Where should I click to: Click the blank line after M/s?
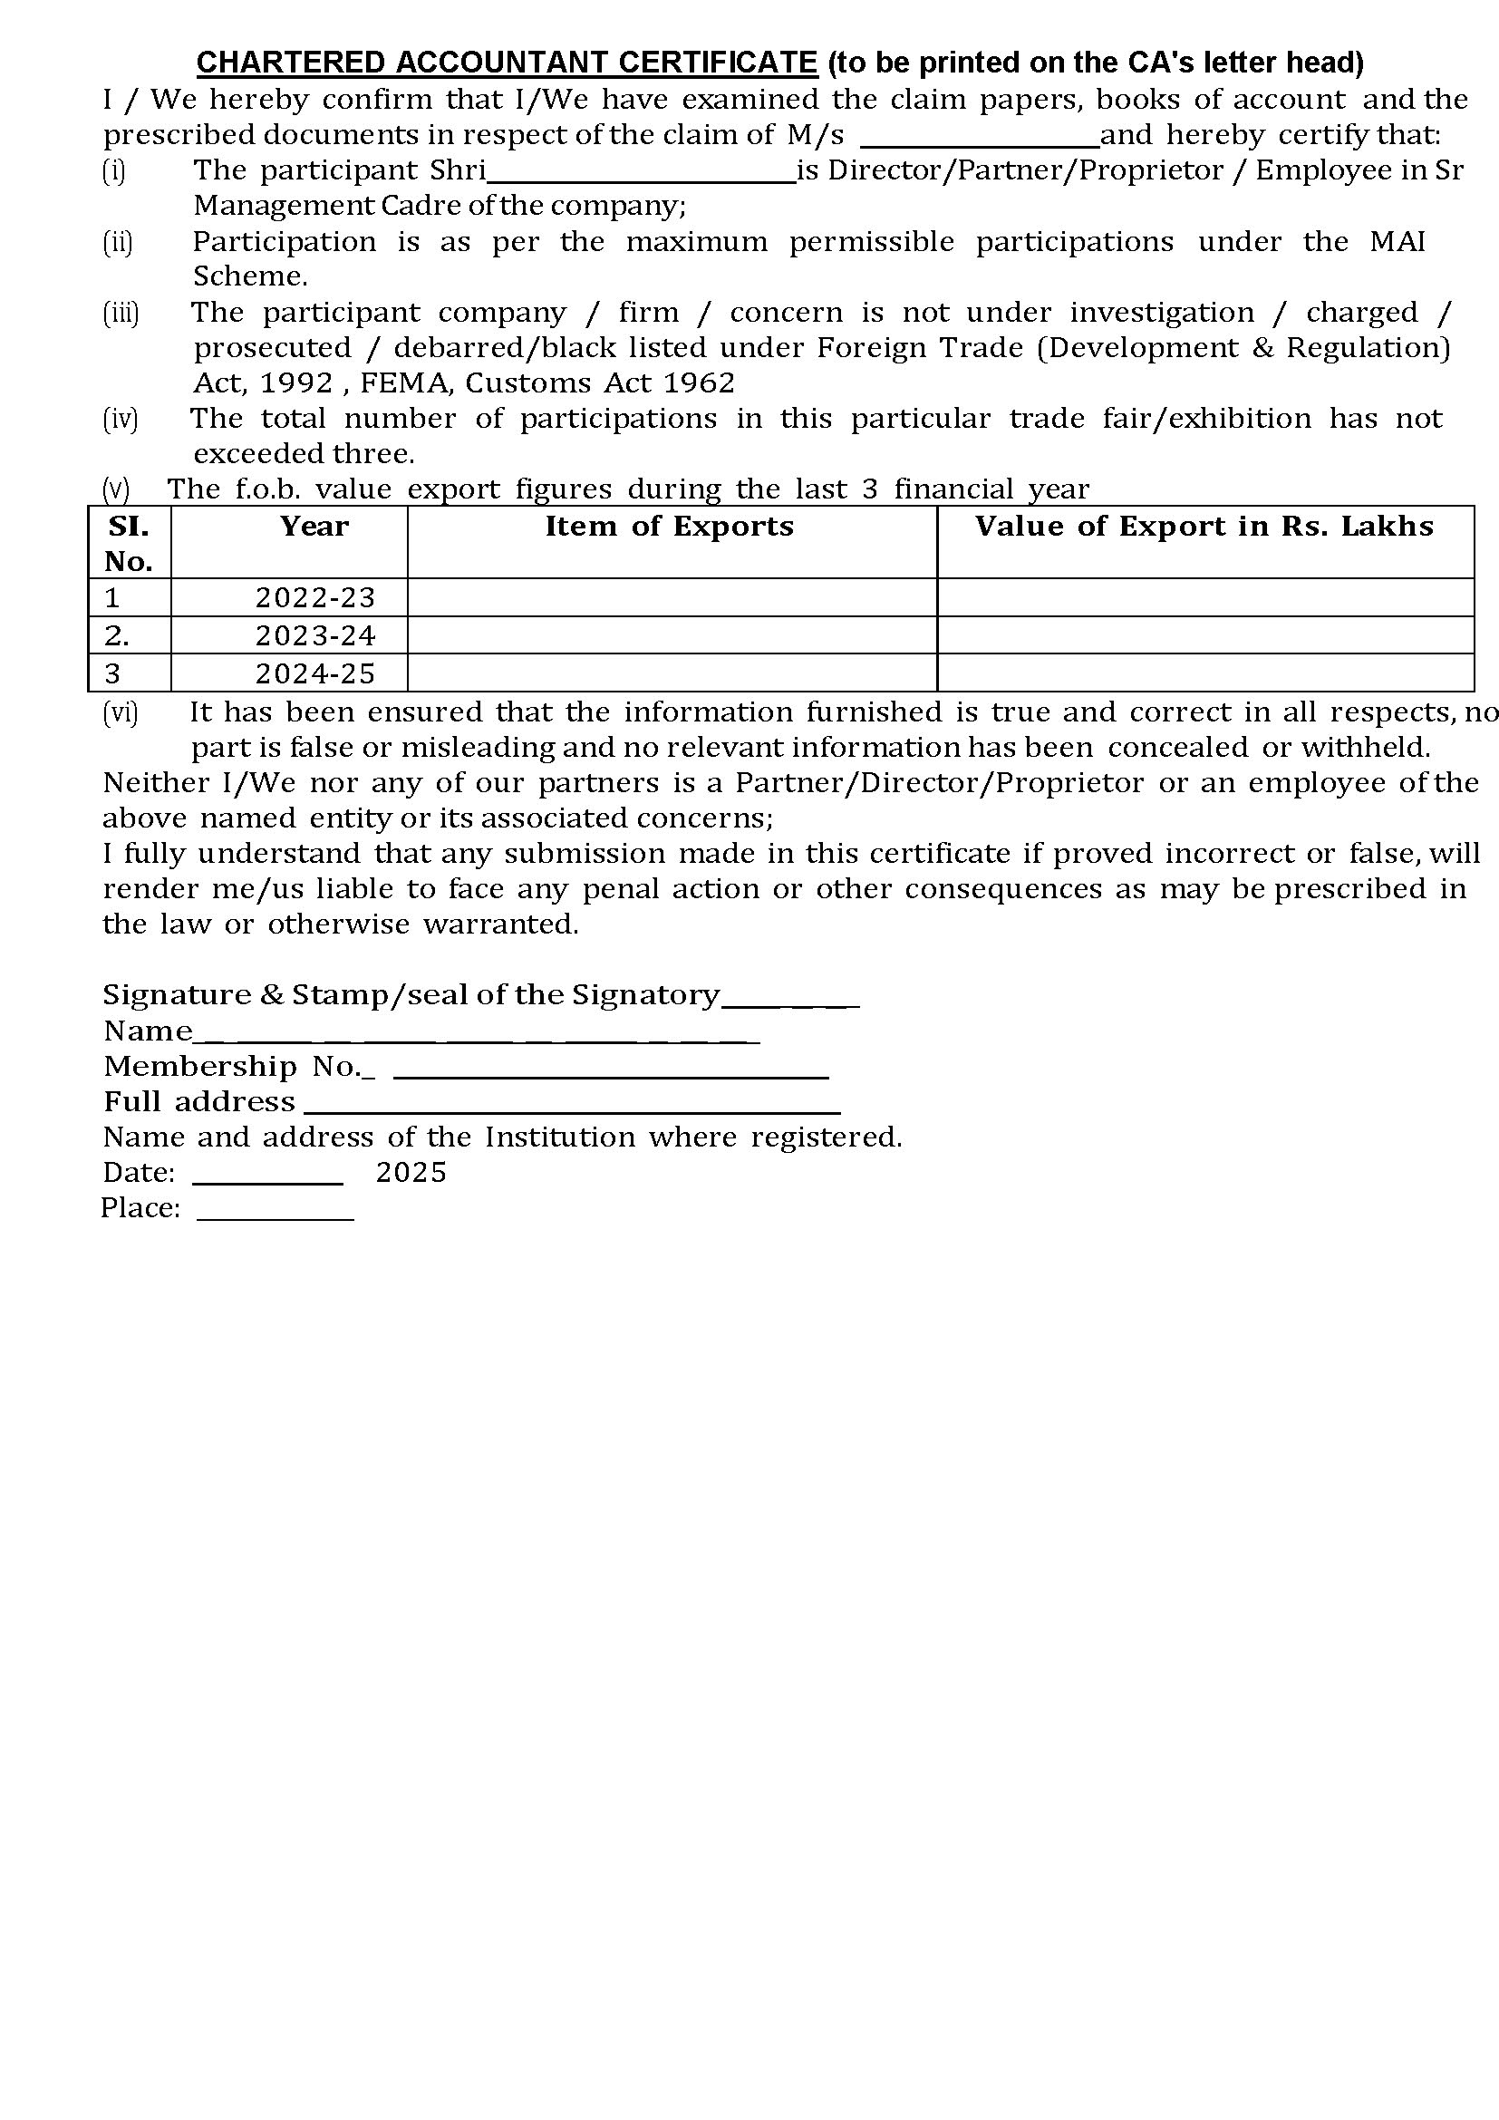[980, 144]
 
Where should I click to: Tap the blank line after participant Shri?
[642, 180]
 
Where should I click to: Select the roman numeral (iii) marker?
[120, 313]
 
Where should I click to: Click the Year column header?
[314, 527]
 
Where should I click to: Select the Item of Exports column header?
[669, 527]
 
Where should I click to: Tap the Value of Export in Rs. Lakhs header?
[1204, 527]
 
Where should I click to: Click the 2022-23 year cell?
[315, 598]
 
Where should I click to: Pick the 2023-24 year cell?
[315, 636]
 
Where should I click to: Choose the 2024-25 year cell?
[315, 674]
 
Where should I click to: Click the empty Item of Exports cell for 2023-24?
[671, 635]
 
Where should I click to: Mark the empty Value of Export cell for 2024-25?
[1204, 673]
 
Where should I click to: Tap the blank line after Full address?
[572, 1111]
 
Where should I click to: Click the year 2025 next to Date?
[411, 1173]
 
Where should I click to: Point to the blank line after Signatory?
[790, 1002]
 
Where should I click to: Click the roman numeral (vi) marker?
[120, 712]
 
